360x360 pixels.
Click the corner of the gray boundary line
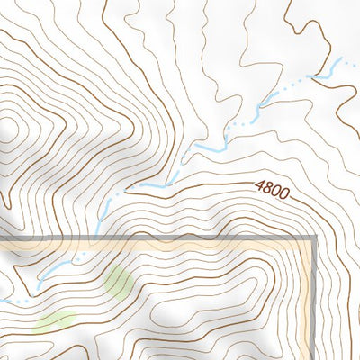click(x=314, y=239)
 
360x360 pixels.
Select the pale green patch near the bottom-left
click(x=56, y=318)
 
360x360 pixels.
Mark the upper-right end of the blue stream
click(x=341, y=60)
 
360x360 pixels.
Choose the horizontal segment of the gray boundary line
click(x=180, y=238)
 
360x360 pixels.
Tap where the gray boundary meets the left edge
click(x=2, y=238)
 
